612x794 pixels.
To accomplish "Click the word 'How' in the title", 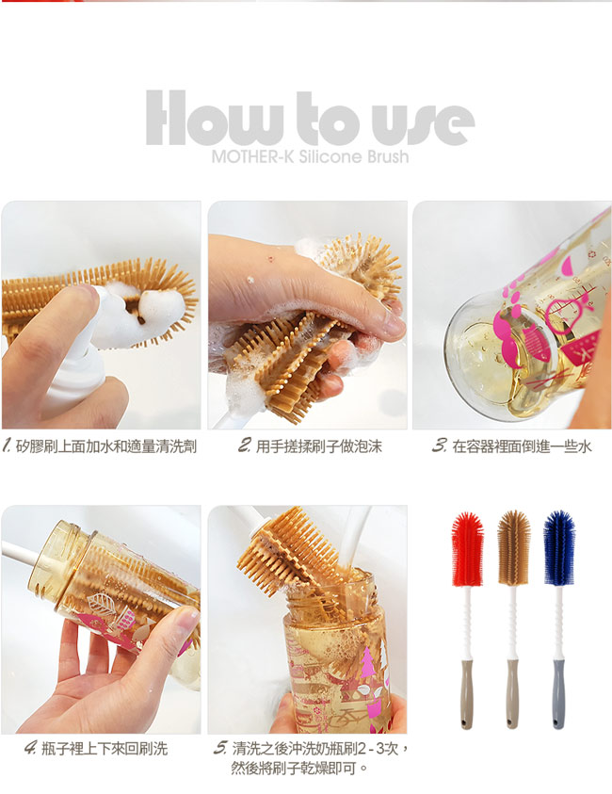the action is point(214,119).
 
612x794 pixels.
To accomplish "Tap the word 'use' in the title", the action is point(423,124).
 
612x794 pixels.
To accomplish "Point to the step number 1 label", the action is point(8,446).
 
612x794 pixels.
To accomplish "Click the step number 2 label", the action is point(245,446).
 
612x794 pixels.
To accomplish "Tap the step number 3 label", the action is point(439,446).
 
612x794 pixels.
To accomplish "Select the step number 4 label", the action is point(30,748).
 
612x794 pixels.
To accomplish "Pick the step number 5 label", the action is point(220,748).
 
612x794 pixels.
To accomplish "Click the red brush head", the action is point(467,549).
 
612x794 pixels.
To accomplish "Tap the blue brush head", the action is point(559,547).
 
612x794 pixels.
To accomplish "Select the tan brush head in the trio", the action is point(513,547).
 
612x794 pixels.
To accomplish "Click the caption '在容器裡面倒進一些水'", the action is point(522,446).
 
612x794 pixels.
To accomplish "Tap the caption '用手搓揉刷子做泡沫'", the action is point(318,446).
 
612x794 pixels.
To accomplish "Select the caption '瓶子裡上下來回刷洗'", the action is point(105,748).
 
